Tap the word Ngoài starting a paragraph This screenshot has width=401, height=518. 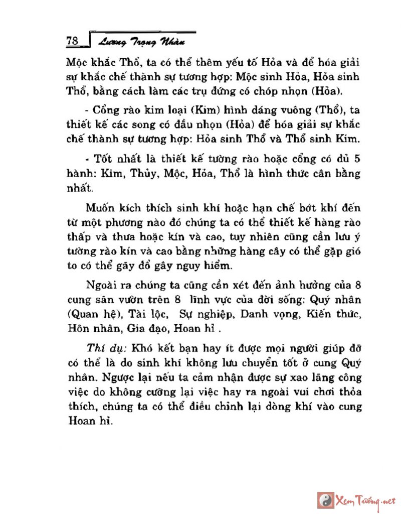(104, 286)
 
